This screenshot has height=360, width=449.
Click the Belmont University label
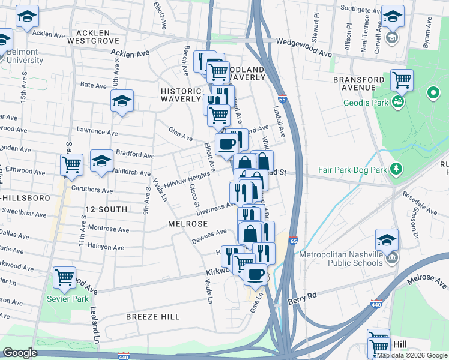25,56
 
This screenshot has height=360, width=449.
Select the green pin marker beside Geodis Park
433,94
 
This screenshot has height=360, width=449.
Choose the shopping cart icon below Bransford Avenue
402,79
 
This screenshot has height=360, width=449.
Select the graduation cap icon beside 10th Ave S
122,101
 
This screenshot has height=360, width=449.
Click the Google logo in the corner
20,353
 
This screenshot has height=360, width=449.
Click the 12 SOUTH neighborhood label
106,209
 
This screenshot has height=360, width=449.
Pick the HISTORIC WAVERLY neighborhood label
181,95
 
